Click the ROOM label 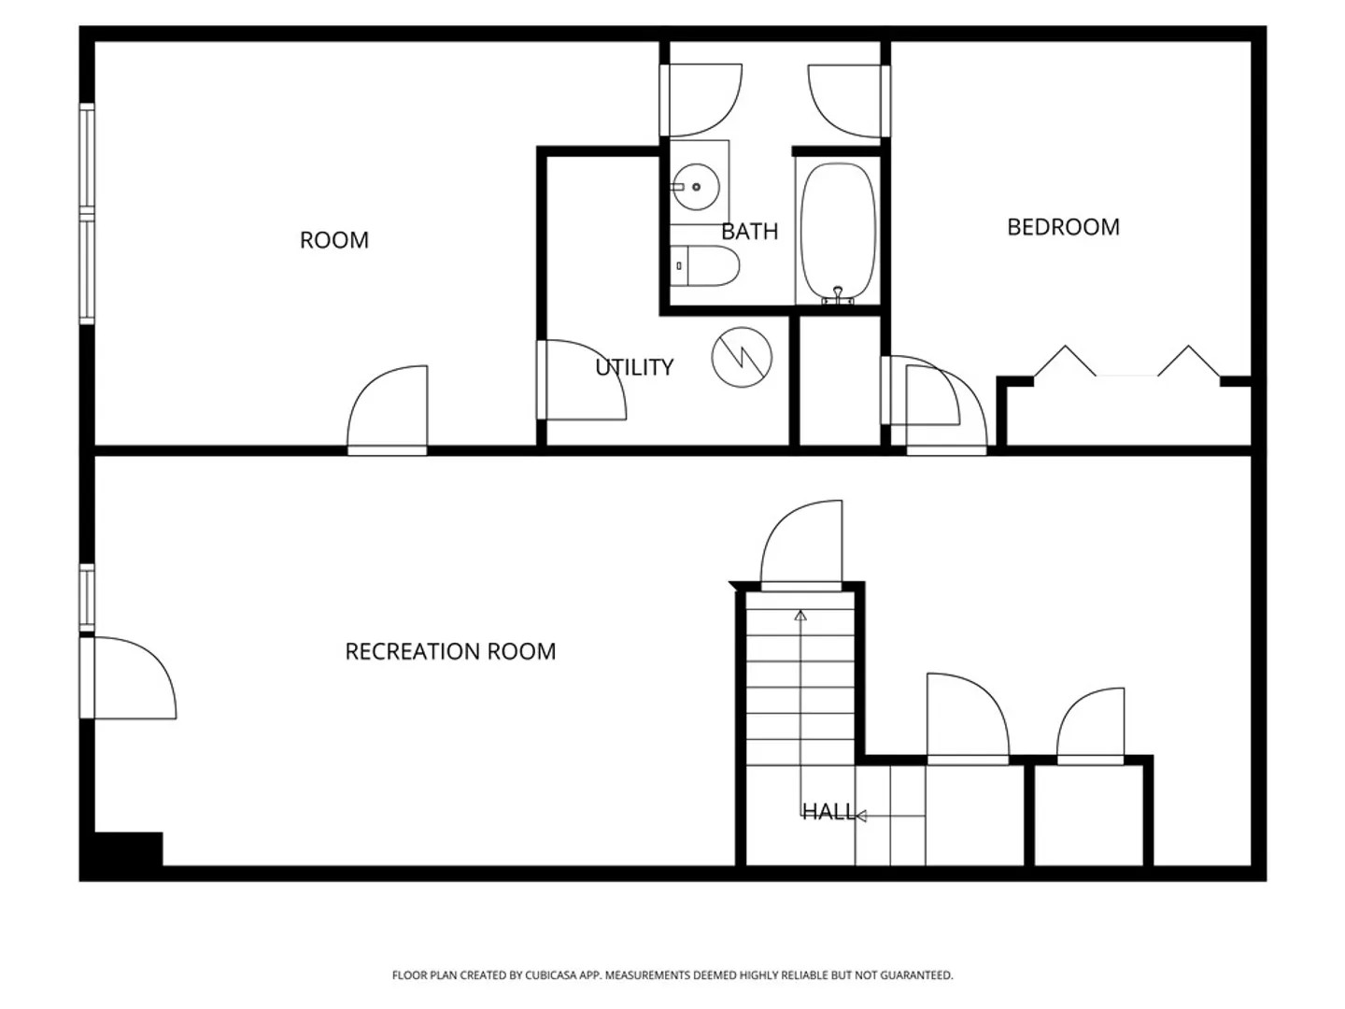(x=334, y=239)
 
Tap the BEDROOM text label (x=1063, y=227)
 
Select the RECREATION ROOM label (x=450, y=651)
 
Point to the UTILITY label (x=634, y=367)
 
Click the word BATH (x=749, y=231)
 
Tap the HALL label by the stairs (x=828, y=812)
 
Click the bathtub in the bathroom (x=838, y=233)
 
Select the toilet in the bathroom (x=704, y=266)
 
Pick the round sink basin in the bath (x=696, y=187)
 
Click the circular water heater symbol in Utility (x=742, y=357)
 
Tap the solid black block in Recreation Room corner (x=128, y=848)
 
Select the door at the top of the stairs (x=800, y=546)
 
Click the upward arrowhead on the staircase (x=800, y=615)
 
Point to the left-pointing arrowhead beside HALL (x=861, y=816)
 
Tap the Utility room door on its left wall (x=582, y=380)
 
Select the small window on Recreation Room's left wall (x=87, y=597)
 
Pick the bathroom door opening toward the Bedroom (x=849, y=101)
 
